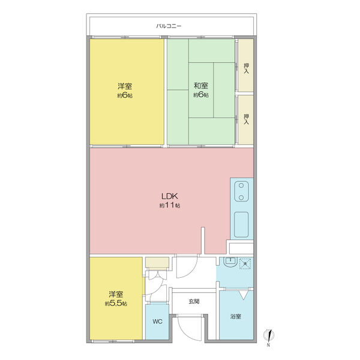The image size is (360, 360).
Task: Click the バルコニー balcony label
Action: pos(169,26)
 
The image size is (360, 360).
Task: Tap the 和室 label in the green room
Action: pos(201,86)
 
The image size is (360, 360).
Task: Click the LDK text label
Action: pos(170,196)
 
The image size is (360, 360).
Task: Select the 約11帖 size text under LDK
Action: pos(170,205)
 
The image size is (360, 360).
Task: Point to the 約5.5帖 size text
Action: pos(116,304)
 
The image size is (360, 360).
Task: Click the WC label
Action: pos(157,322)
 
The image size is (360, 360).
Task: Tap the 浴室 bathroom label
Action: pos(236,316)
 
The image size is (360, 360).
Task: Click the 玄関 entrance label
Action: pos(194,301)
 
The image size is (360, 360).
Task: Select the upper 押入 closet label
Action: pos(246,68)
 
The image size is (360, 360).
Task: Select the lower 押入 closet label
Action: pos(246,119)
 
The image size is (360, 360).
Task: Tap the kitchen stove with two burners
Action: pos(241,191)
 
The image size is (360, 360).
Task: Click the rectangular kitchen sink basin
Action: pos(241,224)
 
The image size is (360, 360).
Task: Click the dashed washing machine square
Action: pos(245,263)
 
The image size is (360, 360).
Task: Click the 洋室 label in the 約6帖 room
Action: pos(125,86)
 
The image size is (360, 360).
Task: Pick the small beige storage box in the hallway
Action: pos(157,262)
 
